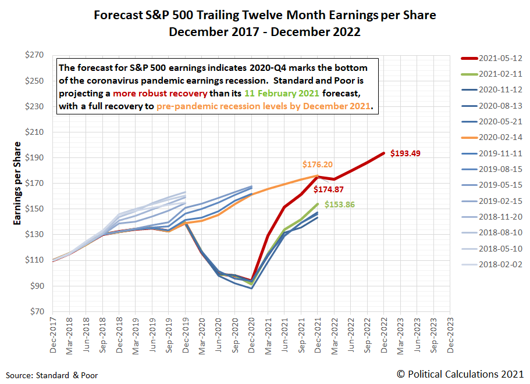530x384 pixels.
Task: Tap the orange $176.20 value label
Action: (x=317, y=165)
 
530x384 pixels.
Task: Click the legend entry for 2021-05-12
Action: (x=499, y=59)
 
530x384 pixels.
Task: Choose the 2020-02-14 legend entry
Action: (x=499, y=138)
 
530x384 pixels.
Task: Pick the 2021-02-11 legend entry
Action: (x=499, y=74)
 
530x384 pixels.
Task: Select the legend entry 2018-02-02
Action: (x=499, y=264)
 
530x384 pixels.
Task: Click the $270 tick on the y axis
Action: (x=35, y=55)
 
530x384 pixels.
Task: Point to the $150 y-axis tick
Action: (x=35, y=209)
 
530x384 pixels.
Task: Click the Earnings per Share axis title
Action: (x=18, y=183)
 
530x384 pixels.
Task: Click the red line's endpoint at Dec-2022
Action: (x=384, y=153)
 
